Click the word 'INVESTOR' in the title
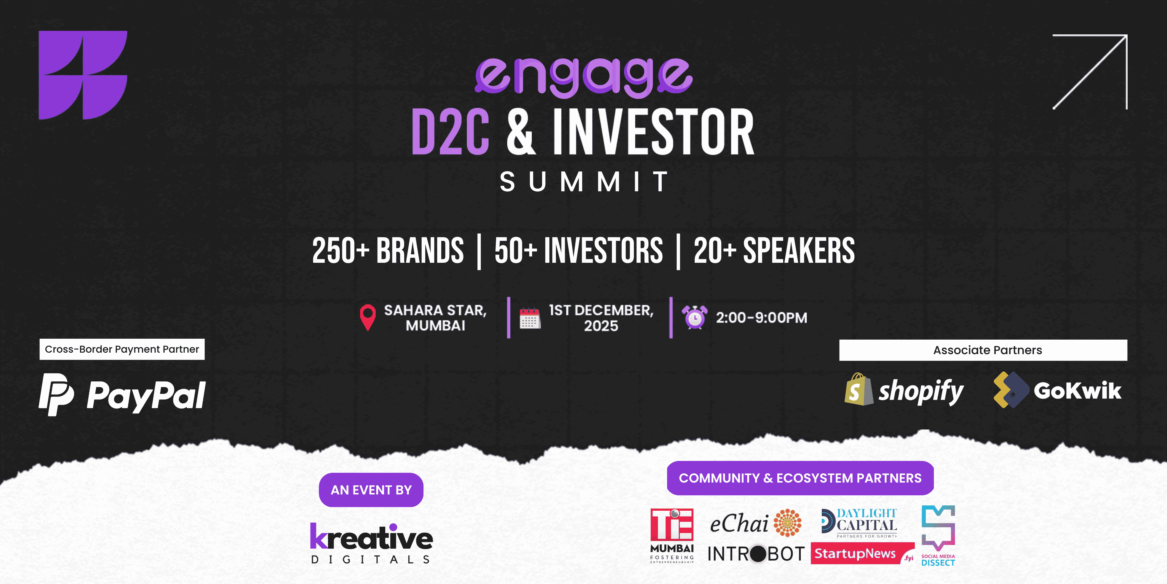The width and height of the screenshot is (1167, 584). tap(653, 132)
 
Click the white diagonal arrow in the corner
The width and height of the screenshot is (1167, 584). tap(1090, 72)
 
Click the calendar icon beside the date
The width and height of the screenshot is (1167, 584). tap(530, 318)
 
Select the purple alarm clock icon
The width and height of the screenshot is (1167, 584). tap(695, 317)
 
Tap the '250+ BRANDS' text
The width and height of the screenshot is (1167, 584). tap(388, 251)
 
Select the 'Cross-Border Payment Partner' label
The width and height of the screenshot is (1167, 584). tap(122, 349)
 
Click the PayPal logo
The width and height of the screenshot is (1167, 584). tap(122, 394)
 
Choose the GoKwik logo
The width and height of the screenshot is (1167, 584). tap(1057, 390)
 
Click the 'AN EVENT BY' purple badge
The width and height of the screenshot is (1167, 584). tap(371, 490)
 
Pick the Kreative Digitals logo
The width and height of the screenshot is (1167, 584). tap(371, 543)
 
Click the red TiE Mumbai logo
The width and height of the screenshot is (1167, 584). tap(672, 535)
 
